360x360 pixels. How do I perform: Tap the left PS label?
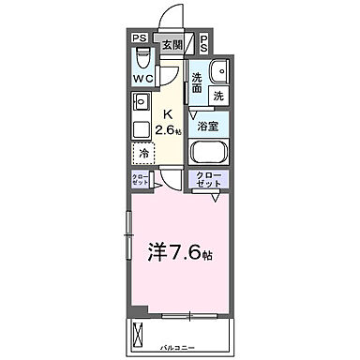coord(140,38)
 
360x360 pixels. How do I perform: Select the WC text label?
coord(143,79)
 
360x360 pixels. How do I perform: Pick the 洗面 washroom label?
coord(198,82)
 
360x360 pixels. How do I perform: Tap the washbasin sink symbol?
coord(221,73)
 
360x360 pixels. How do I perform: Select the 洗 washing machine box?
coord(217,96)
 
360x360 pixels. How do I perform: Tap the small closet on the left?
coord(139,182)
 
